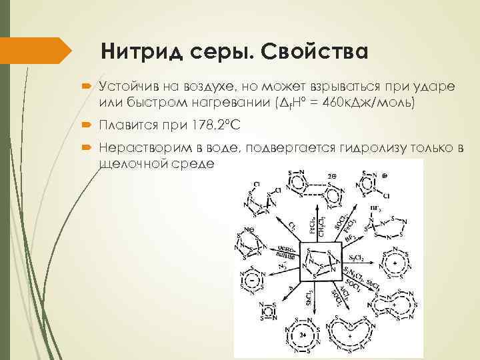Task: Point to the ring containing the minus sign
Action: click(253, 280)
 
